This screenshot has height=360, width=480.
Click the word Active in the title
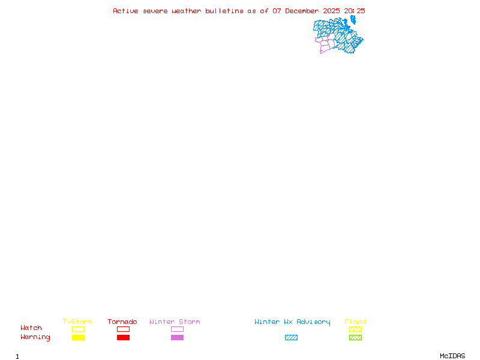(x=125, y=11)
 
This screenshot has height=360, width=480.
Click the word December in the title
(x=302, y=11)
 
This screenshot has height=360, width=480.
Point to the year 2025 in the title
(x=331, y=11)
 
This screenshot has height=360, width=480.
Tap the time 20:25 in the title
(x=355, y=11)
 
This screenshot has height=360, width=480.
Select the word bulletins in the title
(x=224, y=11)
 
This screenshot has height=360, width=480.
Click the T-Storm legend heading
(x=77, y=322)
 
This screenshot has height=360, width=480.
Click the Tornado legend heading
(x=122, y=322)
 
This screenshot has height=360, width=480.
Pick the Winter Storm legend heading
(x=175, y=322)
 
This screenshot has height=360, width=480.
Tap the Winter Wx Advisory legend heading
(x=292, y=322)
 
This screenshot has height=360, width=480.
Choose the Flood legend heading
(x=355, y=322)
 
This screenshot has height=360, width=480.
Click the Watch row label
(x=31, y=328)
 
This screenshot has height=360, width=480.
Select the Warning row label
(x=35, y=337)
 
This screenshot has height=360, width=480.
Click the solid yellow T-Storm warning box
(x=79, y=337)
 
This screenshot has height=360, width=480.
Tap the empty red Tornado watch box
(x=124, y=326)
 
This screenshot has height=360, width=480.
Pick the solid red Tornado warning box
(x=124, y=337)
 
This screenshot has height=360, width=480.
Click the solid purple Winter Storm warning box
(x=177, y=337)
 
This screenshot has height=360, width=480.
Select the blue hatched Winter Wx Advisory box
(x=291, y=337)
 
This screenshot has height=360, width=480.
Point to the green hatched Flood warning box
(x=355, y=337)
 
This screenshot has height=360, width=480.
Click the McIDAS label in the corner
(x=452, y=356)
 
